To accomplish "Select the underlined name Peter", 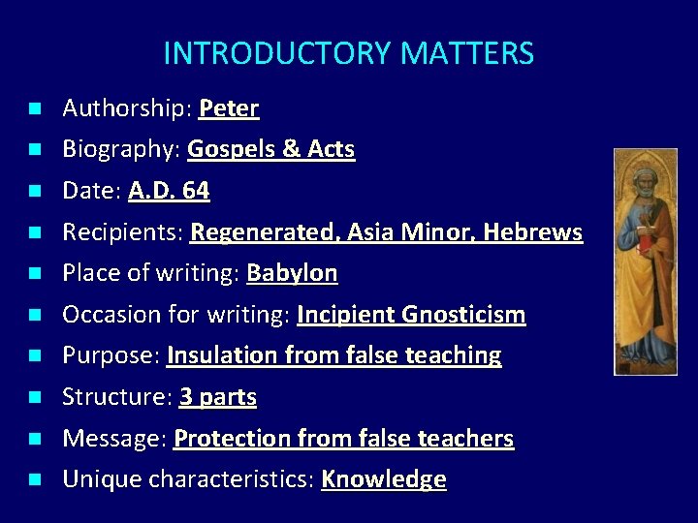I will point(229,108).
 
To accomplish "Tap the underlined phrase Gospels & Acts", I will point(271,150).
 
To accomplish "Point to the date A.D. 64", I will point(169,191).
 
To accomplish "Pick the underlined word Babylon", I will point(292,273).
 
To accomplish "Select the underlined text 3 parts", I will point(218,397).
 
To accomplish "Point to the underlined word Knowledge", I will point(383,479).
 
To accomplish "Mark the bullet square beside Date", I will point(34,192).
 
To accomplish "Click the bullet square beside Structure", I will point(34,397).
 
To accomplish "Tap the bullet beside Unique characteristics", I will point(34,479).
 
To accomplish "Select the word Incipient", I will point(342,315).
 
